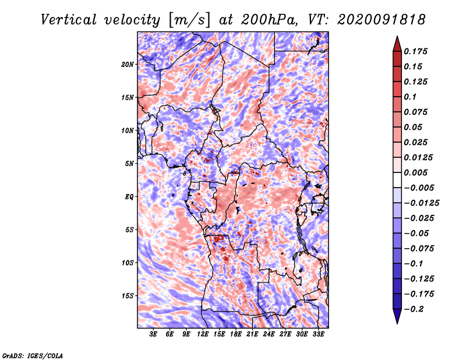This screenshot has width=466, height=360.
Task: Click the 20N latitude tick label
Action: pos(128,65)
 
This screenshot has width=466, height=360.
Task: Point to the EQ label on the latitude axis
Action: pos(129,197)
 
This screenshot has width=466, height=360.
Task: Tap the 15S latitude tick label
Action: pos(128,296)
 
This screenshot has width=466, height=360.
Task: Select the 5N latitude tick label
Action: pos(129,164)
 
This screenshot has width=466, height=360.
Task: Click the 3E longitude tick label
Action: pos(153,334)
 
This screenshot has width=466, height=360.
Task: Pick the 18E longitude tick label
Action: pos(236,334)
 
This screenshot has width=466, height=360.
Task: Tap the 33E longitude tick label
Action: pos(318,334)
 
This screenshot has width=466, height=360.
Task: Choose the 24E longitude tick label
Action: pos(269,334)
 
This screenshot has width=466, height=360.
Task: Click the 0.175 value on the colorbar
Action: pos(415,51)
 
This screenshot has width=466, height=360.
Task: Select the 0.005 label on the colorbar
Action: pos(415,172)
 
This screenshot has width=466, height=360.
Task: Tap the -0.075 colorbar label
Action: pos(419,249)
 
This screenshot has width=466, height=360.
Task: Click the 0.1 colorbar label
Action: pos(410,97)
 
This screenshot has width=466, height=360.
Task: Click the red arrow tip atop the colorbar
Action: pos(397,37)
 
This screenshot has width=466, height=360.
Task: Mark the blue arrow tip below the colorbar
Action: pos(397,323)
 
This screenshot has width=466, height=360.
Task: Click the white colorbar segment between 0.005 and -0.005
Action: pos(397,180)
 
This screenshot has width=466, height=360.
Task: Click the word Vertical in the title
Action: pos(69,20)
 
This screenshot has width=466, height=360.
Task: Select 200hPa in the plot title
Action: pos(269,20)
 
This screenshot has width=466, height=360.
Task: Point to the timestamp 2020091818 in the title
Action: pos(382,20)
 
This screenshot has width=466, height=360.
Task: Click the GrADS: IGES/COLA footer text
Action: pos(33,356)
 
